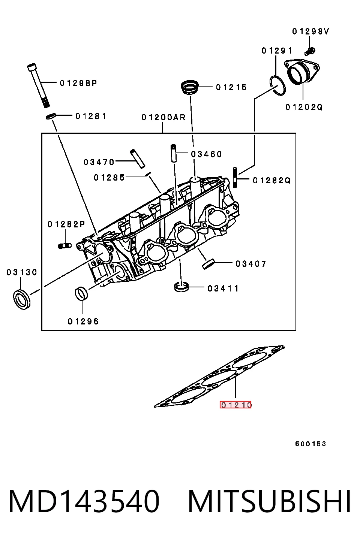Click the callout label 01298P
click(78, 83)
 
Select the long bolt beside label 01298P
click(38, 85)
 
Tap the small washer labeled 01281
click(51, 116)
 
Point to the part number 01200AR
click(163, 118)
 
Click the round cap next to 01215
click(190, 87)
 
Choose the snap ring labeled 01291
click(277, 85)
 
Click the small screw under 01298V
click(310, 51)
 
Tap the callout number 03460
click(206, 154)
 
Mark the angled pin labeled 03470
click(138, 158)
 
